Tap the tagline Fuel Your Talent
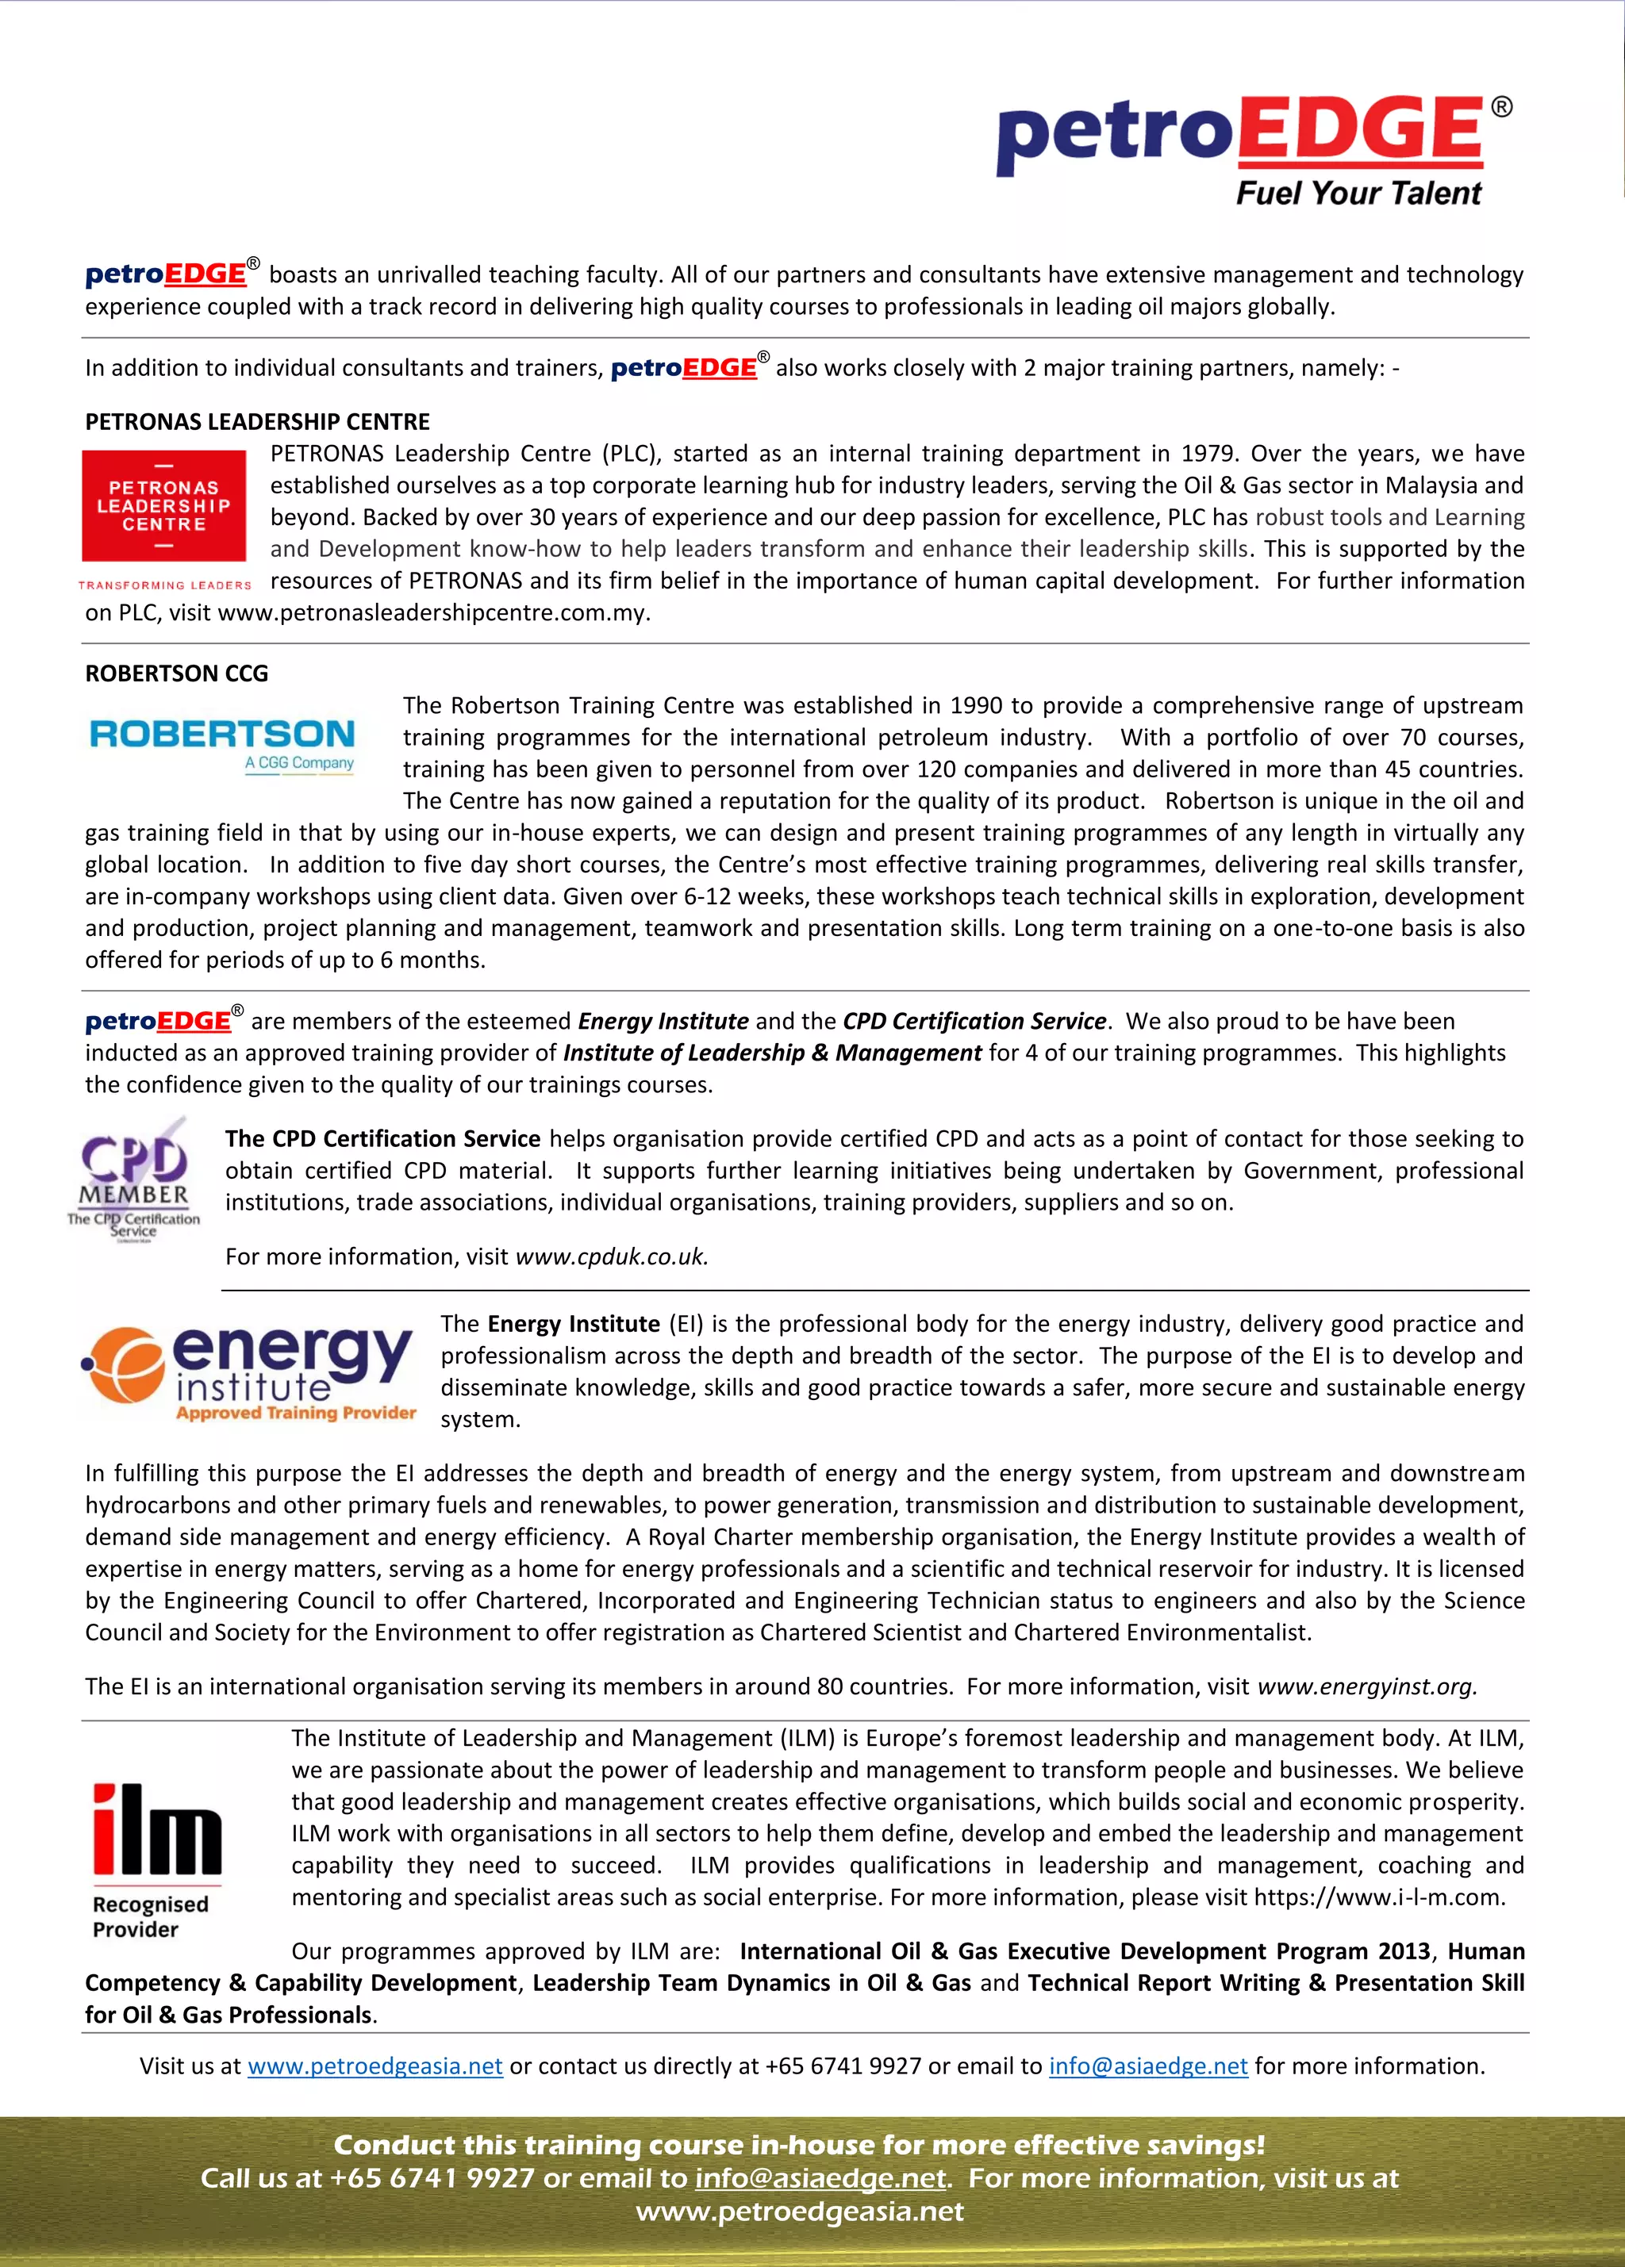tap(1358, 194)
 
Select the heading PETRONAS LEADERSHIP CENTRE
tap(257, 422)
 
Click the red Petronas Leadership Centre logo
tap(164, 506)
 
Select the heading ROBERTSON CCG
tap(176, 673)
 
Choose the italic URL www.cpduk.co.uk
tap(611, 1256)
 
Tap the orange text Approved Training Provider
tap(296, 1413)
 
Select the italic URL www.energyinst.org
tap(1366, 1686)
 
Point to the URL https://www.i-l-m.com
tap(1378, 1897)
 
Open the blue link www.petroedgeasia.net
tap(375, 2066)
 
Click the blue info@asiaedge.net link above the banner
tap(1148, 2066)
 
